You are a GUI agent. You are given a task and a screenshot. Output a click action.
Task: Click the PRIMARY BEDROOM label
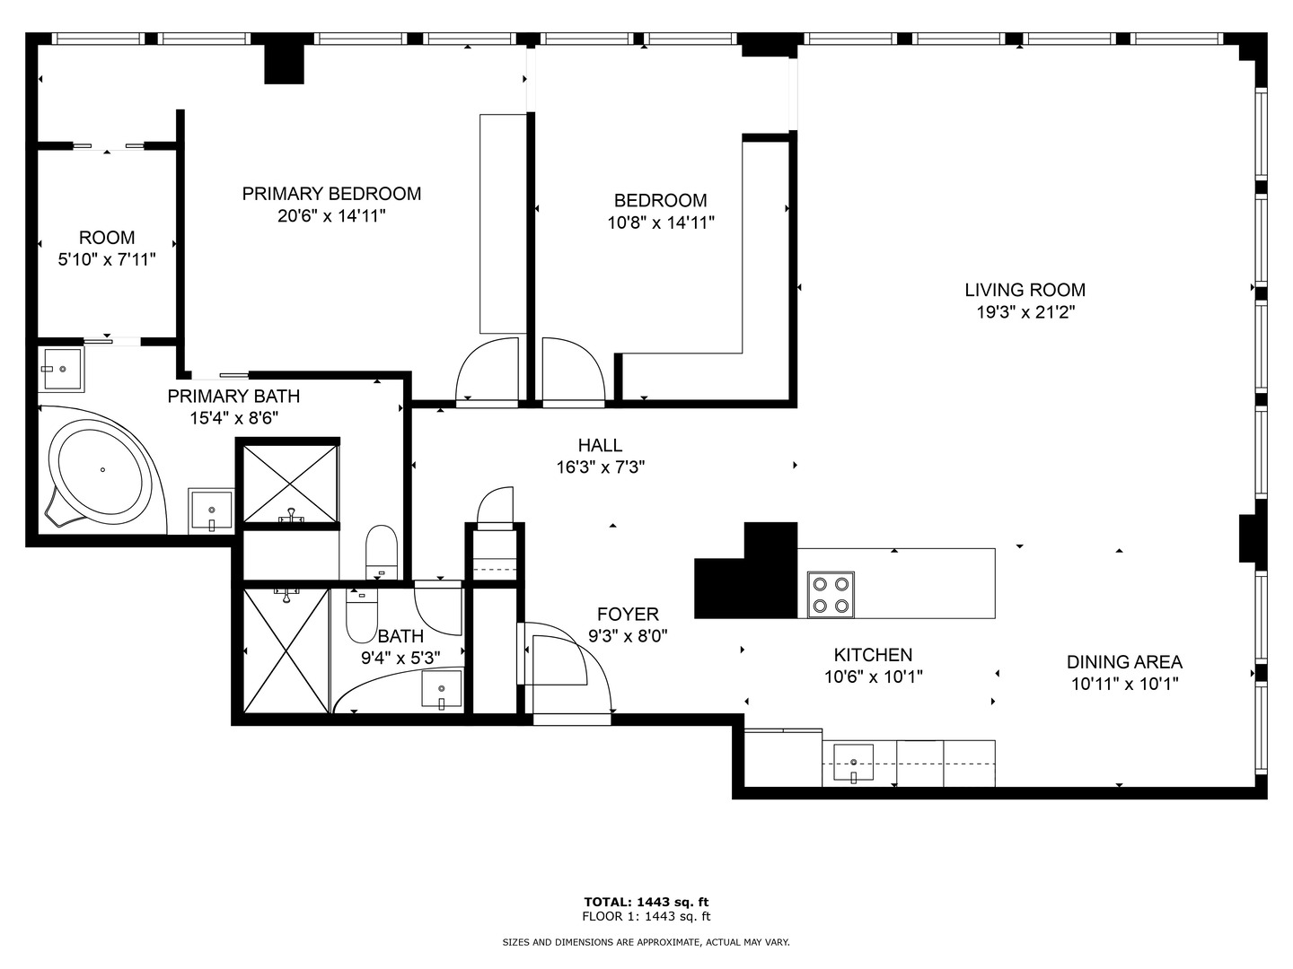coord(331,194)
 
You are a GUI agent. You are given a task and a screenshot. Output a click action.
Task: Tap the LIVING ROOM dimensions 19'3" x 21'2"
coord(1025,313)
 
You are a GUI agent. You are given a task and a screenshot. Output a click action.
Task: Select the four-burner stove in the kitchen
coord(830,594)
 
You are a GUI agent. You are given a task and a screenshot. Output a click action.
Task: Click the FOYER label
coord(628,615)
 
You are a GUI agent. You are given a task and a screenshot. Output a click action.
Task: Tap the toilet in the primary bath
coord(382,552)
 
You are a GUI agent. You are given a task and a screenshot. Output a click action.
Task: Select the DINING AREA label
coord(1124,662)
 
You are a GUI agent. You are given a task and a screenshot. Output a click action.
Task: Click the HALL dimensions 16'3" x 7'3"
coord(600,467)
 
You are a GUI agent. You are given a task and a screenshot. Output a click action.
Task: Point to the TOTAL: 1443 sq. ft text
coord(646,902)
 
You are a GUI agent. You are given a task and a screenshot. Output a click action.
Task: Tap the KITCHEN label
coord(873,656)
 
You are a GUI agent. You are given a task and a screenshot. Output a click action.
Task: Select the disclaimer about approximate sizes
coord(646,942)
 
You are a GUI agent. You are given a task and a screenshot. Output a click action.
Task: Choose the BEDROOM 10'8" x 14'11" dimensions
coord(660,223)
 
